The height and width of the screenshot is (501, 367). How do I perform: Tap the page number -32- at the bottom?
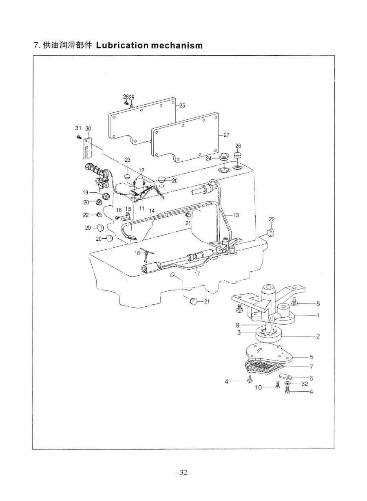click(183, 473)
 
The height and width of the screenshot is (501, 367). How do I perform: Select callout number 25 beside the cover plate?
click(182, 105)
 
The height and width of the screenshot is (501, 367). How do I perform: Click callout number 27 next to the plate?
click(226, 135)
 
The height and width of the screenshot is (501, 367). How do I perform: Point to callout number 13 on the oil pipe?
click(236, 214)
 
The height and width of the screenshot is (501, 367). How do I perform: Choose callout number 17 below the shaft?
click(197, 274)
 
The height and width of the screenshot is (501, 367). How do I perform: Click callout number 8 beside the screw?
click(318, 303)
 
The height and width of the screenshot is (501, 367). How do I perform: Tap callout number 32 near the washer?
click(305, 384)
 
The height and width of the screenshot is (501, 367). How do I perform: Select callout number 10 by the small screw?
click(259, 388)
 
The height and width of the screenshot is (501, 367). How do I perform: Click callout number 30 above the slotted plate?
click(88, 129)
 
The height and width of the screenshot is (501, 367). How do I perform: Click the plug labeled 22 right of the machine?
click(270, 233)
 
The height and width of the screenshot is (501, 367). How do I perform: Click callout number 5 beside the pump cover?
click(311, 357)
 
